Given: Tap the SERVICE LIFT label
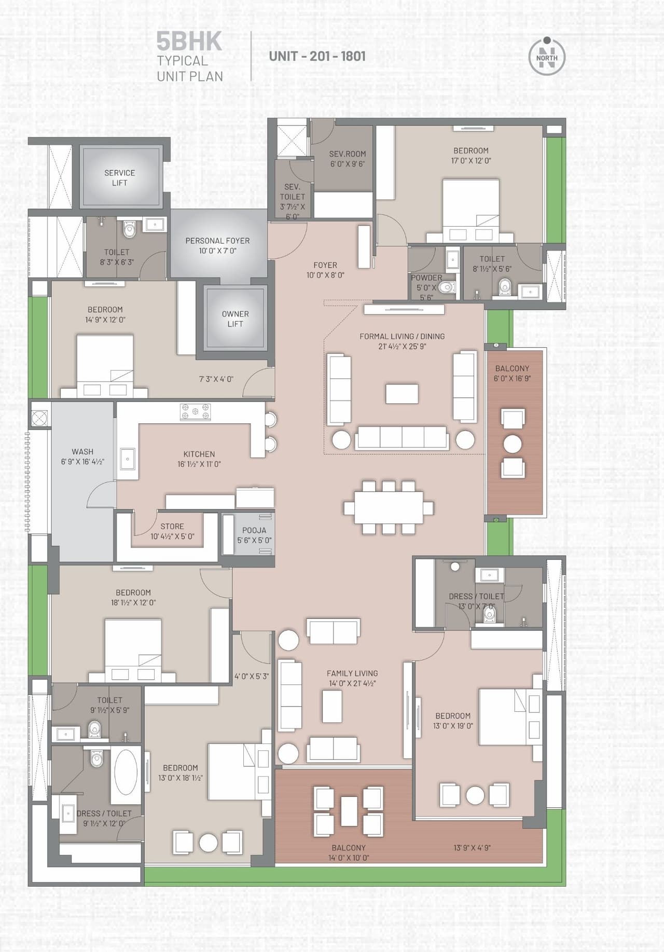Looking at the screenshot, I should [119, 177].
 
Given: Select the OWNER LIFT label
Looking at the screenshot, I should [235, 319].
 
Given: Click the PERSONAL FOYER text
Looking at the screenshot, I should [217, 241].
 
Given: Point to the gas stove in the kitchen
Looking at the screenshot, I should [195, 412].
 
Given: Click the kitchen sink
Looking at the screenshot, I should [127, 459].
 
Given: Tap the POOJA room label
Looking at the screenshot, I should [254, 530].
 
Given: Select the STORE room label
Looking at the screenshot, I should [172, 526].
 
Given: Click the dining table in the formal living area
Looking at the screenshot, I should [389, 507].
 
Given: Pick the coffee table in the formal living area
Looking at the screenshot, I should [402, 393].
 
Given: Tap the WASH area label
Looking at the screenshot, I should [82, 451].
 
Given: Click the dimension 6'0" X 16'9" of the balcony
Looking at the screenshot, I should [512, 378].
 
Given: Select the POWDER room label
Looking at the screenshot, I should [426, 278].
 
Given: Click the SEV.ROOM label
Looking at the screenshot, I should [348, 154].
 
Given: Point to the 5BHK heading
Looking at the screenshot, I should [189, 42].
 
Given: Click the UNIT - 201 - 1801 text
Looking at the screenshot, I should [317, 56].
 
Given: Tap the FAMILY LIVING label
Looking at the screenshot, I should [352, 673].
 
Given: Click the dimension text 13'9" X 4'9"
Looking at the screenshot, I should [472, 847].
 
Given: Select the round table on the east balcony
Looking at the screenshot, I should [513, 444].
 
